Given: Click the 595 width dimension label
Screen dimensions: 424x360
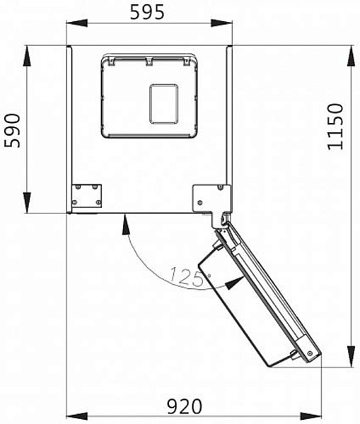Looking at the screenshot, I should tap(149, 12).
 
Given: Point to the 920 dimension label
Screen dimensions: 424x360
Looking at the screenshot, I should tap(184, 406).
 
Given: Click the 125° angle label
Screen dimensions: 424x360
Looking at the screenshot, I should tap(185, 275).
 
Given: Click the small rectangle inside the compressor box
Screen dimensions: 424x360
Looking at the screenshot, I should tap(164, 104).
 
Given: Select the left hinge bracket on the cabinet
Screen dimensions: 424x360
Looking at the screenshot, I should tap(88, 196).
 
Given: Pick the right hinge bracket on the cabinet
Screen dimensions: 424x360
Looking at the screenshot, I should tap(211, 196).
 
